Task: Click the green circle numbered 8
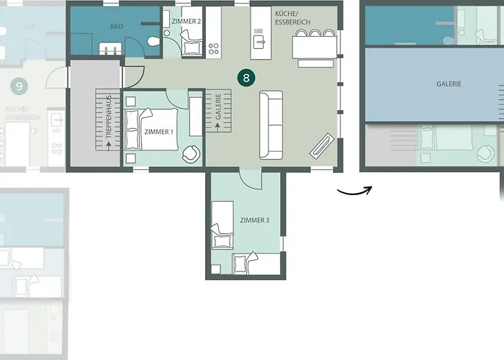(x=246, y=78)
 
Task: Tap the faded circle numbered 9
(x=19, y=86)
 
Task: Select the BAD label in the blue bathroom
(x=117, y=27)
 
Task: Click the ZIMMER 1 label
(x=159, y=132)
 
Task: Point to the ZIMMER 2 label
(x=186, y=22)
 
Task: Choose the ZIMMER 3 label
(x=255, y=220)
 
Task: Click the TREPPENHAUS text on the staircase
(x=109, y=117)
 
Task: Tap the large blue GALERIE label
(x=449, y=84)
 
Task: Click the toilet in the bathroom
(x=154, y=41)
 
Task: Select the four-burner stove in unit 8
(x=213, y=49)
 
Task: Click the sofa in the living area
(x=271, y=125)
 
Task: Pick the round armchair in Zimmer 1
(x=191, y=154)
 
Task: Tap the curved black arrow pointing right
(x=354, y=193)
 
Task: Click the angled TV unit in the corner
(x=322, y=145)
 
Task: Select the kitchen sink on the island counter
(x=258, y=42)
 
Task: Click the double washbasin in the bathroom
(x=110, y=49)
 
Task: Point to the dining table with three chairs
(x=315, y=48)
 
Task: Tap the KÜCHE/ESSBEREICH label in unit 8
(x=292, y=18)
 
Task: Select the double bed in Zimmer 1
(x=151, y=130)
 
